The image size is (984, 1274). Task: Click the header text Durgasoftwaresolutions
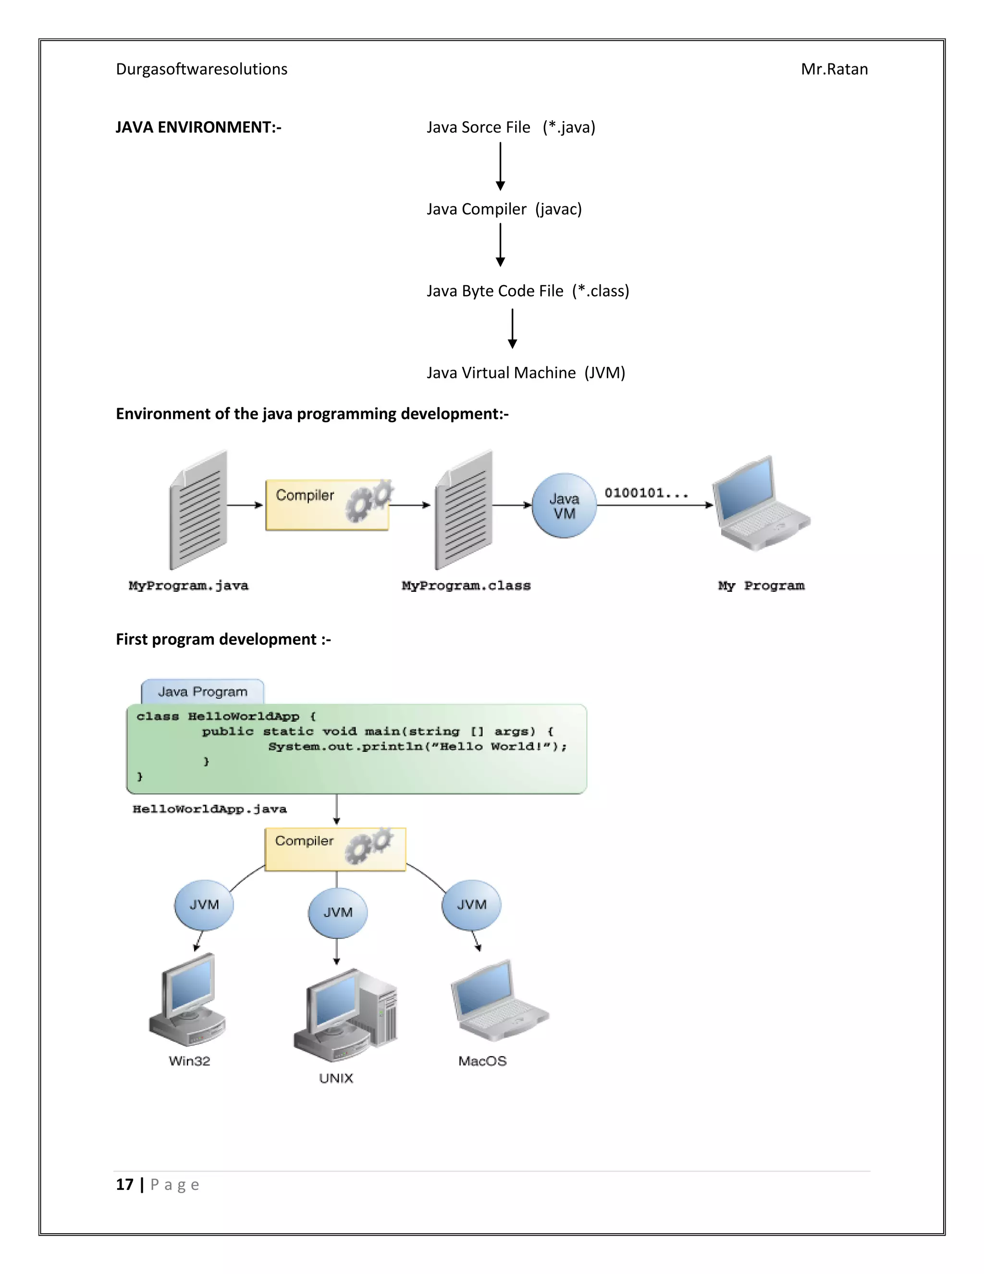[201, 69]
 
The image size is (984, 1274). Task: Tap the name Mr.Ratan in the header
[834, 69]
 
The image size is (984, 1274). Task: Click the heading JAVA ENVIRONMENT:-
[198, 127]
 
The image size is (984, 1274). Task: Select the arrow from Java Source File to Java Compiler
[500, 166]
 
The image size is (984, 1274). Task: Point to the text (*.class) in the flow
[601, 291]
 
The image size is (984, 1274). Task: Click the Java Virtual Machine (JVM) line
[525, 373]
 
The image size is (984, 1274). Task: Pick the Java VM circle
[564, 506]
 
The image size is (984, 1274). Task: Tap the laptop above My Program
[760, 505]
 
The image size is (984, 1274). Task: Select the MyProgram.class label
[466, 586]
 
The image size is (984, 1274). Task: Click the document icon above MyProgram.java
[199, 511]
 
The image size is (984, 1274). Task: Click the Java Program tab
[202, 692]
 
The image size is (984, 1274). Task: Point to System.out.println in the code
[344, 747]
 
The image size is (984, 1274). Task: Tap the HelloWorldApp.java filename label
[209, 809]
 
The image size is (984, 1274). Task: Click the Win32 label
[189, 1061]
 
